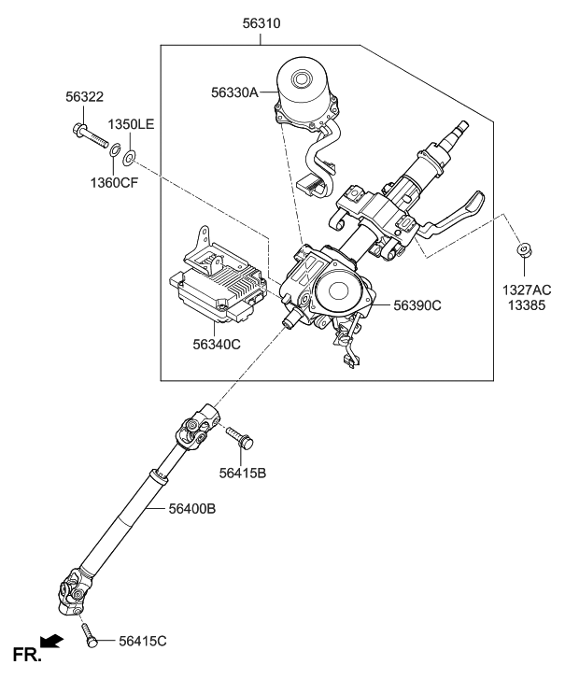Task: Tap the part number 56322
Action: [84, 96]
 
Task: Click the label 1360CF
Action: [114, 183]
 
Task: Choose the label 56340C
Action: [217, 344]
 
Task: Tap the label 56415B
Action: [242, 474]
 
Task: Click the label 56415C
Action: [142, 640]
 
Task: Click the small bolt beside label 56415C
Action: [91, 639]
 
